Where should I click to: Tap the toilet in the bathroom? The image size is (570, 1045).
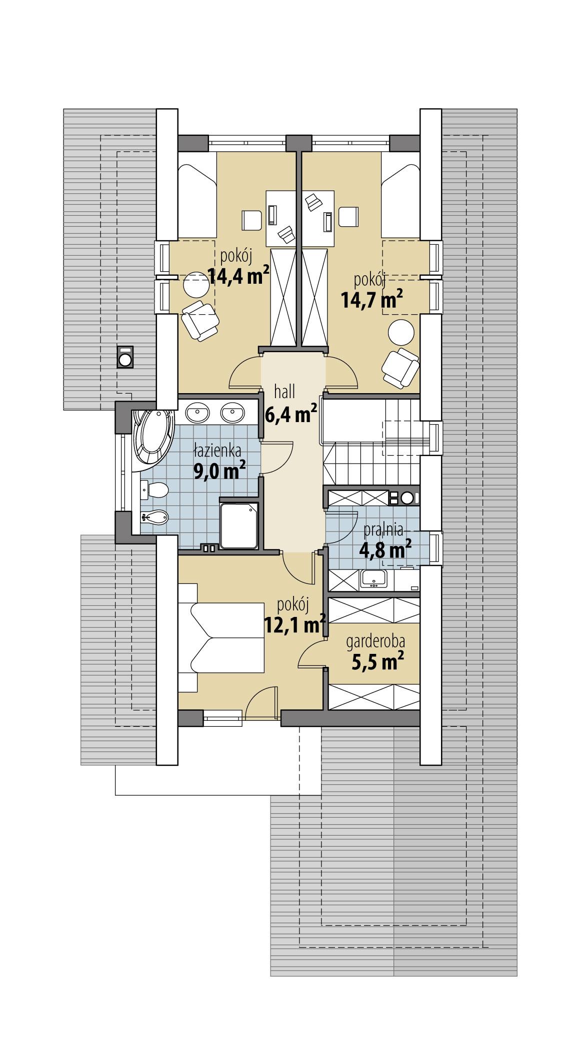154,491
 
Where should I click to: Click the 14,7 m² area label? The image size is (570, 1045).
372,300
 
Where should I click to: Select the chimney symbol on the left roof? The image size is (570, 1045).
125,357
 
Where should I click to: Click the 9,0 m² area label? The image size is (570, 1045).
220,470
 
